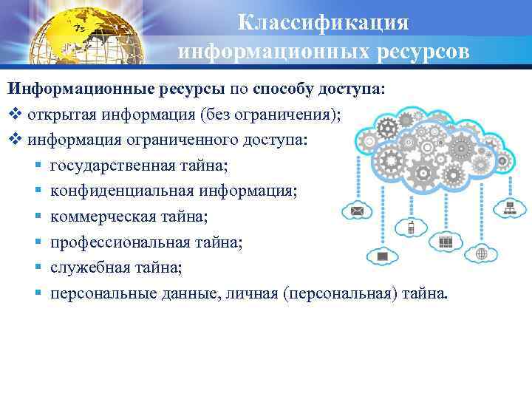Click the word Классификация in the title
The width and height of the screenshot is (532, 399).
324,22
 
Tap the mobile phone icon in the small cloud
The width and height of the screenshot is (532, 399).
411,227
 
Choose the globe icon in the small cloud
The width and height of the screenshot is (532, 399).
481,253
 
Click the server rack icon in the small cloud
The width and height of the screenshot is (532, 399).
446,242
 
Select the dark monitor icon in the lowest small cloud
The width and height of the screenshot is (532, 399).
383,256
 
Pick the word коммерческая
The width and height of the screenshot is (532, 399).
95,216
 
